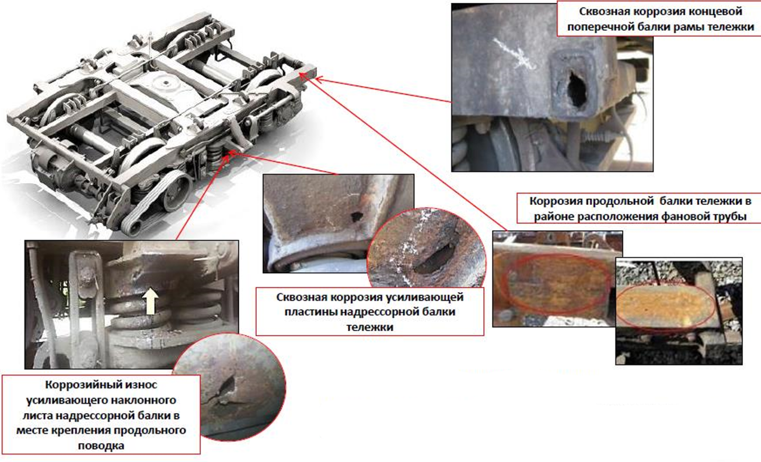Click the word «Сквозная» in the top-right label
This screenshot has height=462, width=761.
point(603,12)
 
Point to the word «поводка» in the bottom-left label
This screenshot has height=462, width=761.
point(101,446)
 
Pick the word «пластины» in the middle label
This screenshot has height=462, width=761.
point(308,312)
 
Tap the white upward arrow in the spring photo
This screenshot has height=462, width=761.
point(150,301)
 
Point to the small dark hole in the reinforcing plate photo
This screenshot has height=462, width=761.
point(356,216)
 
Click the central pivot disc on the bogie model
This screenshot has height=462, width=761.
point(166,83)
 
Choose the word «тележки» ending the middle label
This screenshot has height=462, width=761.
point(369,327)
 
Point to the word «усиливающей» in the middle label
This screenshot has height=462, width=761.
point(431,297)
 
